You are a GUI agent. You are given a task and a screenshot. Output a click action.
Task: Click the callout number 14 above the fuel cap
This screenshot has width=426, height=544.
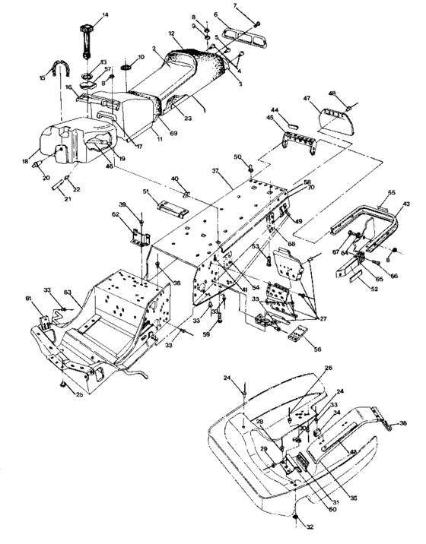(x=105, y=15)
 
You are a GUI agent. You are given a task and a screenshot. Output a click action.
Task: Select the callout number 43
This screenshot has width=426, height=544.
(x=404, y=204)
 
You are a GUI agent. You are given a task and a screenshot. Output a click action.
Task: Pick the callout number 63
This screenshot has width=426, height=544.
(x=67, y=292)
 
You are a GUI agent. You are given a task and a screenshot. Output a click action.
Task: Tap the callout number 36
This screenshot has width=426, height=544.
(x=404, y=423)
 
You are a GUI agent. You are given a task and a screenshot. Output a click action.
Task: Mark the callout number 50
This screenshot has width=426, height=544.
(x=237, y=157)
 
